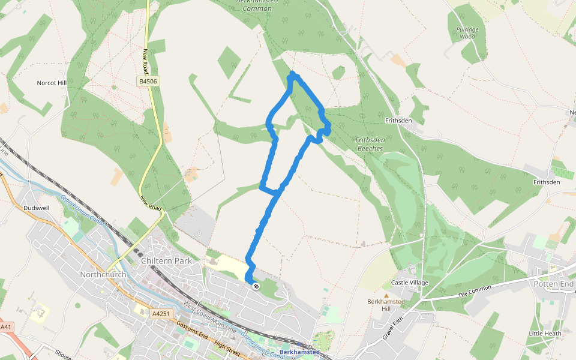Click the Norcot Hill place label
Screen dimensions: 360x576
[x=51, y=83]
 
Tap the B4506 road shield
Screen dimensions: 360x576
[x=149, y=81]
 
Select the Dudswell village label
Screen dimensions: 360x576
[x=34, y=208]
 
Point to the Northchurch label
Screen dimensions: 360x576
[x=103, y=274]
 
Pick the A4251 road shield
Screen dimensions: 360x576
[x=161, y=313]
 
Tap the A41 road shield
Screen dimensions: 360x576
[x=6, y=327]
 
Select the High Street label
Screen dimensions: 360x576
[x=227, y=348]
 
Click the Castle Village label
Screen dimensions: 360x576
[x=410, y=282]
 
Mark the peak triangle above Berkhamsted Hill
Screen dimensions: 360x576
[x=386, y=295]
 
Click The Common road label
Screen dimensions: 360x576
[x=475, y=291]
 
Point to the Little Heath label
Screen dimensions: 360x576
[x=545, y=333]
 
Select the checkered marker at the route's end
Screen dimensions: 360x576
[x=256, y=286]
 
